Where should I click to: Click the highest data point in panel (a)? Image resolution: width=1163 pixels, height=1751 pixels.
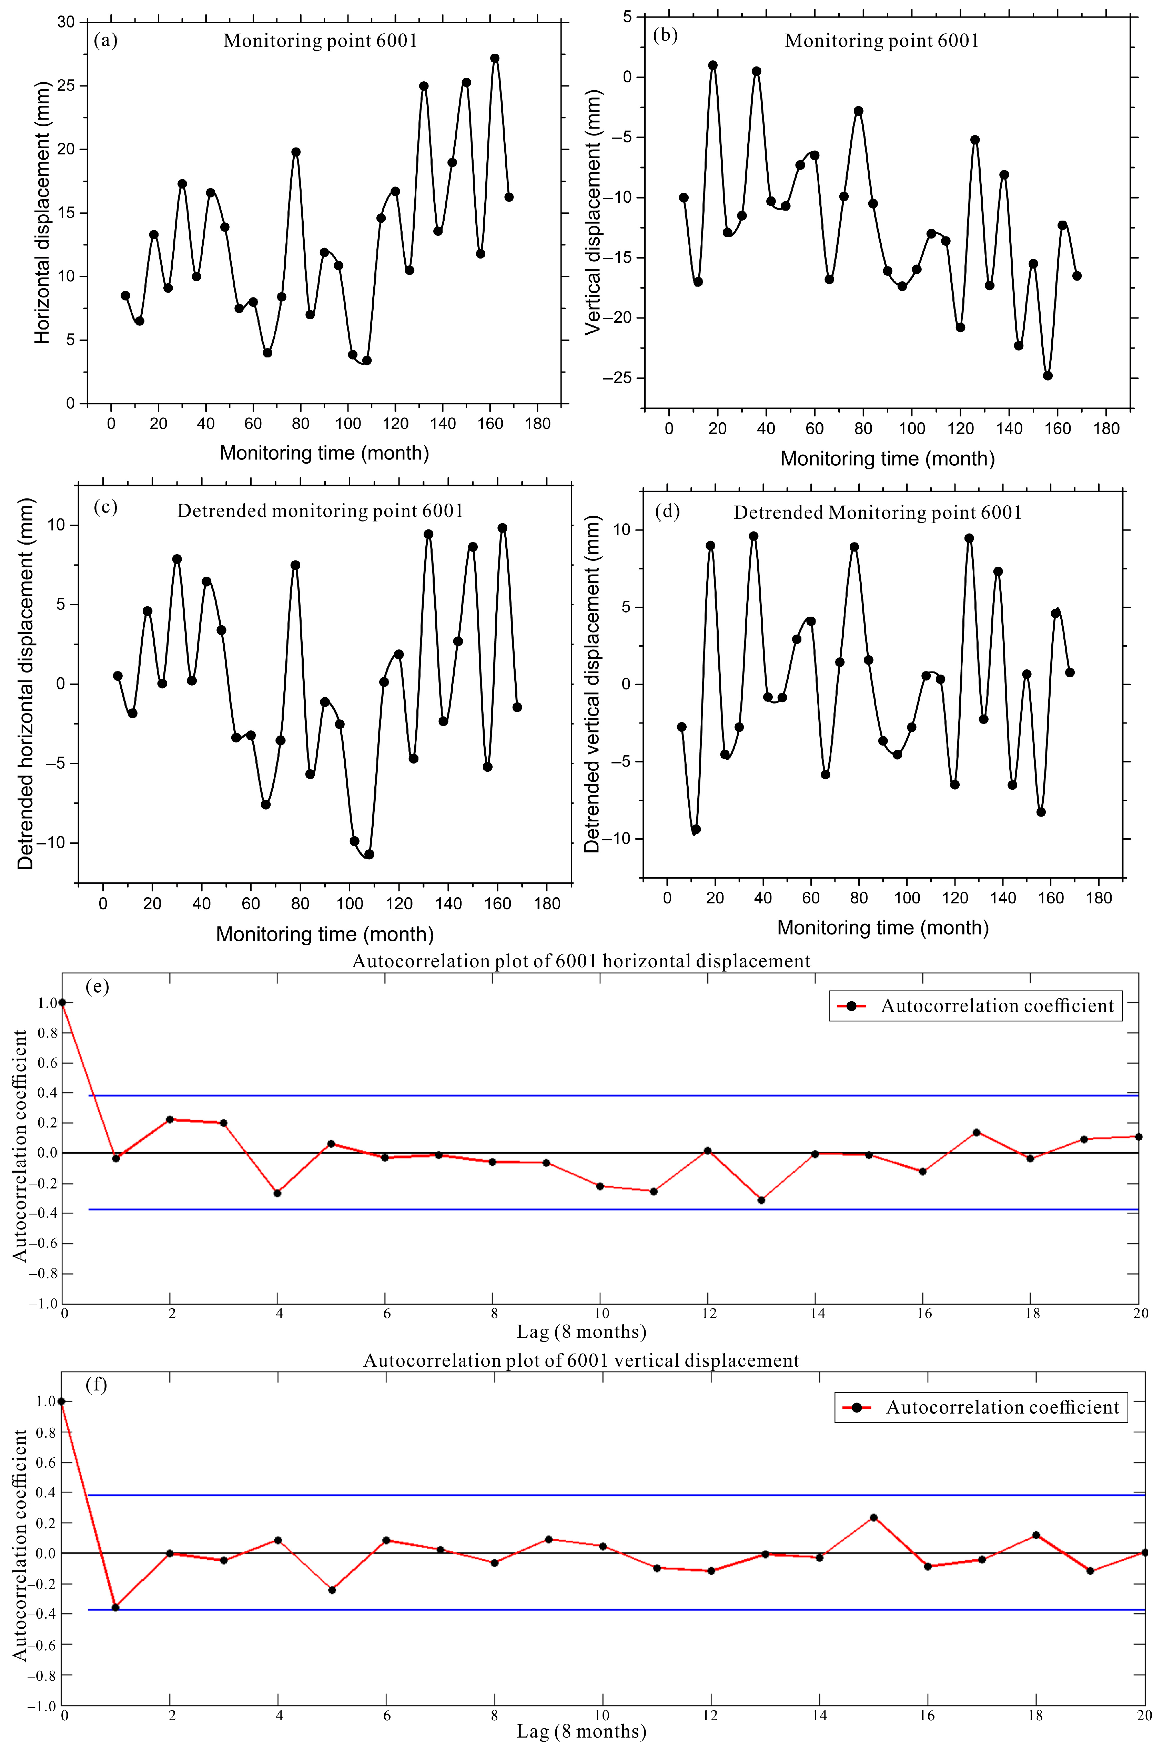tap(495, 59)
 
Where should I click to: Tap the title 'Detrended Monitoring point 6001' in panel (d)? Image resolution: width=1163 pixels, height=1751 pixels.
tap(878, 513)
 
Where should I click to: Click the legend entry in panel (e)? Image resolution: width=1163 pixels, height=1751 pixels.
tap(975, 1006)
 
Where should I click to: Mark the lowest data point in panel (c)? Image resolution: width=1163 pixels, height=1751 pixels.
tap(370, 854)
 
